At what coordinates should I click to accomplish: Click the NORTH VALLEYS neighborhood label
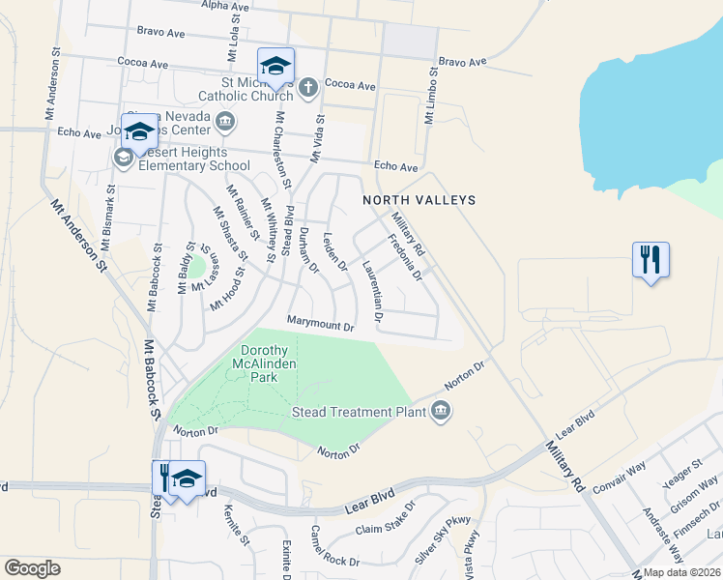coord(419,200)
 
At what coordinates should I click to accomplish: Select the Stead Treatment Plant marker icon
coord(441,411)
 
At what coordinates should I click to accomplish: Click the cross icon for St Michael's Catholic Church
coord(307,88)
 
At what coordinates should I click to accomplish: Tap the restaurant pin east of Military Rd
coord(651,260)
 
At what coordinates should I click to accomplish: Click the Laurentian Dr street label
coord(373,289)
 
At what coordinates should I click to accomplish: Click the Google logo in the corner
coord(32,567)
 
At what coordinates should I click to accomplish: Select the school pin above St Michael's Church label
coord(275,66)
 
